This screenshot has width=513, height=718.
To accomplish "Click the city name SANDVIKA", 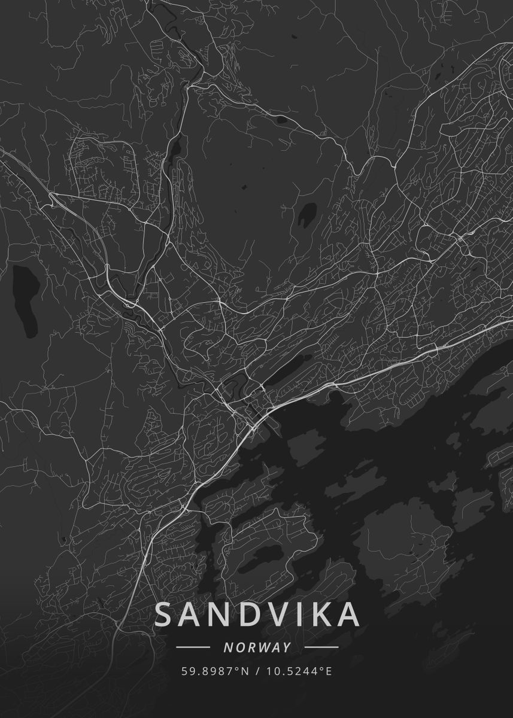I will [x=257, y=615].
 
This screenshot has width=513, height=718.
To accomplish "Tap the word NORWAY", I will [x=257, y=647].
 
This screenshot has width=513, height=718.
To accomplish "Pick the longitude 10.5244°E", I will [x=299, y=671].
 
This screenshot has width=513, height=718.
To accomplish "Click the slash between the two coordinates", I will [x=258, y=671].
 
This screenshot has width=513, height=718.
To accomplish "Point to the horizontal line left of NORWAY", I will [x=193, y=647].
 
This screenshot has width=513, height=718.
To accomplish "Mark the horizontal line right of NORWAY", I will [x=321, y=647].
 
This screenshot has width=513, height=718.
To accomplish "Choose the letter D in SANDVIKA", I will [x=245, y=615].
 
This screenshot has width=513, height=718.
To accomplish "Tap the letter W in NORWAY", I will [x=262, y=647].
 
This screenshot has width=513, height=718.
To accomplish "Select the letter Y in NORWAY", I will [x=287, y=647].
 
